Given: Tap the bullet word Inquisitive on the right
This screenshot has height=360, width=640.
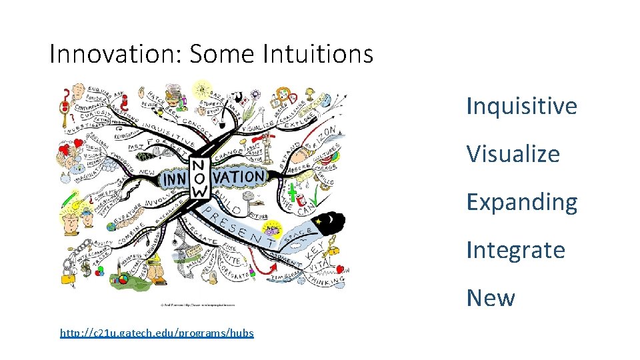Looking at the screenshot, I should pyautogui.click(x=521, y=105).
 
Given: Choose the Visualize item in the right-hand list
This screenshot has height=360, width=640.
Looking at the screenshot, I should pyautogui.click(x=513, y=153).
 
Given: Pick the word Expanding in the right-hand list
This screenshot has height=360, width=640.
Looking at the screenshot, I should pyautogui.click(x=521, y=202).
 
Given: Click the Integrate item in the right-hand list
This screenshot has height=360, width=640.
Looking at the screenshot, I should pyautogui.click(x=515, y=250).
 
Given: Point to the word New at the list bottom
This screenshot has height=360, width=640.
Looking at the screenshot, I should pyautogui.click(x=491, y=298).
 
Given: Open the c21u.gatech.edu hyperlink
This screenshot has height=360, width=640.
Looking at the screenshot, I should pyautogui.click(x=157, y=332).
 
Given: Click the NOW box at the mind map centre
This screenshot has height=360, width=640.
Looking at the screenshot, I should pyautogui.click(x=199, y=178).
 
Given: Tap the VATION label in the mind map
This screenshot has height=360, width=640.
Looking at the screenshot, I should pyautogui.click(x=239, y=177).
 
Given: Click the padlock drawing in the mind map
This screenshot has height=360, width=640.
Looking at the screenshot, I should pyautogui.click(x=69, y=275).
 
